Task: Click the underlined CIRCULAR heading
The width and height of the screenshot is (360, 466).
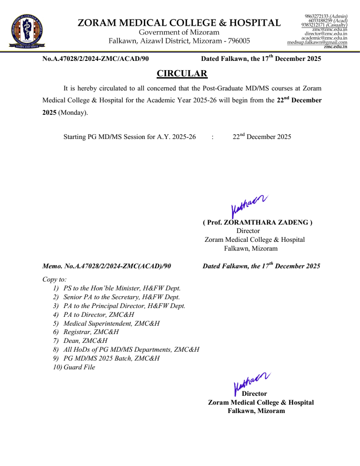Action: point(182,73)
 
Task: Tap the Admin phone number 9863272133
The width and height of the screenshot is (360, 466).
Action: point(316,16)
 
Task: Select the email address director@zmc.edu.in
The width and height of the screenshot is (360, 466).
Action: point(326,34)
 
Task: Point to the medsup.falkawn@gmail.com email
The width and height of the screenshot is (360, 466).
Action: point(317,42)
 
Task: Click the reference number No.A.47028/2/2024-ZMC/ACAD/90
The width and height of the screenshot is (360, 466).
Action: point(95,59)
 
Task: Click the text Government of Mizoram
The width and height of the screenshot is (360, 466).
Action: point(179,32)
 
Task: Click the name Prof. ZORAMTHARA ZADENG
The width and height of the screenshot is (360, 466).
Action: point(258,222)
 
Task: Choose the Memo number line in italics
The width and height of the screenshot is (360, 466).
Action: point(106,266)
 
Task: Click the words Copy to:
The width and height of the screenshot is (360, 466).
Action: point(54,279)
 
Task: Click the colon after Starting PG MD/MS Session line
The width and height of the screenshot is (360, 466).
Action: point(213,137)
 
